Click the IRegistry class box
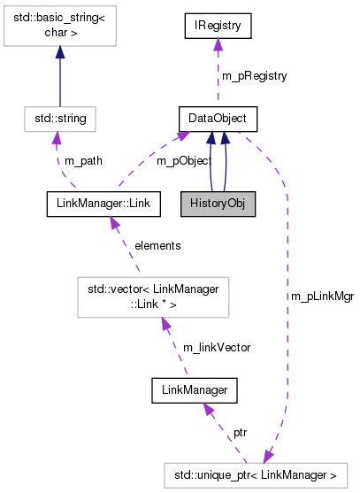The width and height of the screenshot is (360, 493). click(218, 26)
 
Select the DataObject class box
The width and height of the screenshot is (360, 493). click(218, 118)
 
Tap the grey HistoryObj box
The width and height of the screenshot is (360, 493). click(218, 204)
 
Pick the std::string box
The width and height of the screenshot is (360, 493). click(59, 118)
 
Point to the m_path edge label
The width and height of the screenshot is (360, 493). click(84, 161)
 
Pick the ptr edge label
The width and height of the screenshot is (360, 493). click(240, 432)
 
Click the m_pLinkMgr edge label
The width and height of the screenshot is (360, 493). click(322, 297)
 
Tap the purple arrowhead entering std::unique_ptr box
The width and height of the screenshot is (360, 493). click(268, 456)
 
